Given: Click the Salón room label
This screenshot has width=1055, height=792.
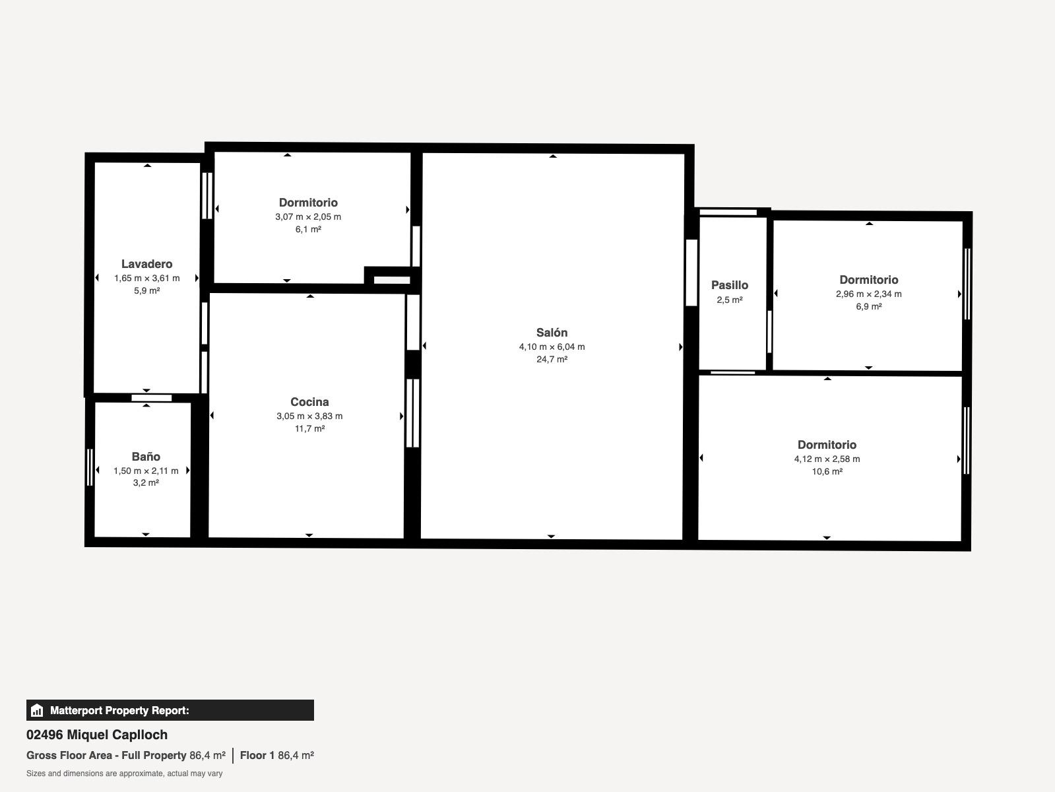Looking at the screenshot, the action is (x=552, y=333).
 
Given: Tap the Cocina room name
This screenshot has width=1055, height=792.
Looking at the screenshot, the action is (x=309, y=402).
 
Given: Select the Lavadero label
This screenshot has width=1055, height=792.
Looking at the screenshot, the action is (x=146, y=264).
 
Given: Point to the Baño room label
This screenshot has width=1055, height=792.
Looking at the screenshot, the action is (x=146, y=457).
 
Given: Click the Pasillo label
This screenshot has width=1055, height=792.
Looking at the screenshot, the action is (x=730, y=285).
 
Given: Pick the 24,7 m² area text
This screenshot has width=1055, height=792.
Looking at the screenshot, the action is (x=552, y=359).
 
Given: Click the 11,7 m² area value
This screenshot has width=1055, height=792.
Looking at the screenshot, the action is (x=309, y=428).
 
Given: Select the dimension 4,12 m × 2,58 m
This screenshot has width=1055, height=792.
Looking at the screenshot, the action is (x=827, y=459).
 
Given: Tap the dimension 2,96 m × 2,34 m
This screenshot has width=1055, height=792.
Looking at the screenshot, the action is (x=868, y=294).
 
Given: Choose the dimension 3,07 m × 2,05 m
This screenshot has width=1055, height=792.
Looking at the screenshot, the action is (x=308, y=216).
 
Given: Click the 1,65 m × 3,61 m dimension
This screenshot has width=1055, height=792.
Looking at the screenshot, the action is (x=146, y=279).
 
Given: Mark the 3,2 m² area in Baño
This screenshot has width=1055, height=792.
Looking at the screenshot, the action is (x=146, y=482).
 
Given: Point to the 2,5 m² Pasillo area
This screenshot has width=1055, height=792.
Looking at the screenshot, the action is (x=730, y=300).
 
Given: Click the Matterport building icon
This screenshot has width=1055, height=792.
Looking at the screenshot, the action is (x=37, y=710).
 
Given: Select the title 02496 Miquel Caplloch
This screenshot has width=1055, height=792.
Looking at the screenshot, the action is (x=97, y=735).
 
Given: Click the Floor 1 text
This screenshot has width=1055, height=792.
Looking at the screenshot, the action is (x=257, y=756).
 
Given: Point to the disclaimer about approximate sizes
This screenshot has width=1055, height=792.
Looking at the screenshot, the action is (x=125, y=774).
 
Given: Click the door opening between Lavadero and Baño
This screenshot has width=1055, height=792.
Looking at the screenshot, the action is (x=151, y=398).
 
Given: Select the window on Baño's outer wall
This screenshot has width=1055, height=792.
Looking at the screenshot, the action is (x=89, y=467).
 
